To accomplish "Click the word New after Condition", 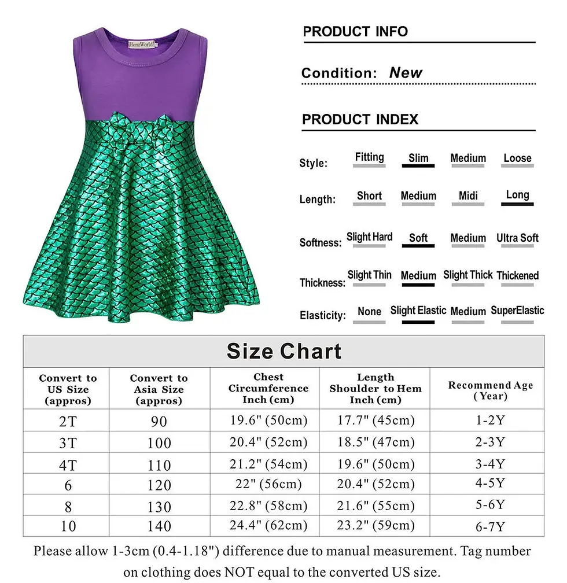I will click(406, 73).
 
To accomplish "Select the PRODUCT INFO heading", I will click(355, 32).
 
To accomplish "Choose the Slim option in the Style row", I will click(418, 158).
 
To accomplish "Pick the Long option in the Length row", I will click(517, 195).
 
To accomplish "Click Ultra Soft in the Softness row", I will click(517, 238).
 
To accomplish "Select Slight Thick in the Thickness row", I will click(467, 275).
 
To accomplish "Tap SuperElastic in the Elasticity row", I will click(517, 311).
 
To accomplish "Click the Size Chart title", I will click(283, 351).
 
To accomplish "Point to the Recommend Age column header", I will click(490, 390).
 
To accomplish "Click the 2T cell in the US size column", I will click(68, 421).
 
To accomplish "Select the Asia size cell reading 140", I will click(159, 526).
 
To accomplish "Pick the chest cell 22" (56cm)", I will click(268, 484).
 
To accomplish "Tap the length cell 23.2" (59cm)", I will click(375, 525).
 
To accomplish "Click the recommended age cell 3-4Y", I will click(490, 464).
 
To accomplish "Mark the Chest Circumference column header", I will click(268, 388).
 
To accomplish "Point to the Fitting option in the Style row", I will click(369, 157).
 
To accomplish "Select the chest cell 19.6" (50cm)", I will click(268, 420).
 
